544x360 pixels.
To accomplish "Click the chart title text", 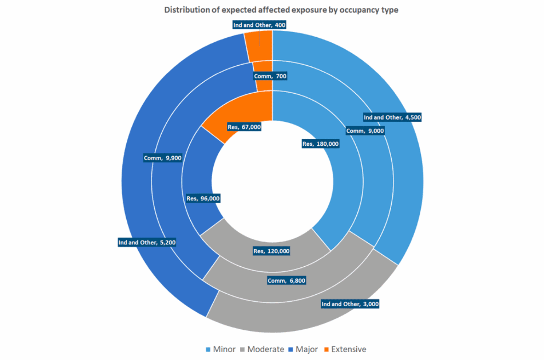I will [x=281, y=10].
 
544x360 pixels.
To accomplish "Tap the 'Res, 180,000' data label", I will [x=321, y=144].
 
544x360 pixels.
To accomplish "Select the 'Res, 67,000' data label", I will [x=244, y=127].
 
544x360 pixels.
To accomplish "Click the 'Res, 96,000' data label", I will [x=203, y=199].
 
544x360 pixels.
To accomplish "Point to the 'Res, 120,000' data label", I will [x=271, y=251].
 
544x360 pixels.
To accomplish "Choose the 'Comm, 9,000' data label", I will [x=365, y=131].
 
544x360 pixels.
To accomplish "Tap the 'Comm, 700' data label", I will [x=270, y=76].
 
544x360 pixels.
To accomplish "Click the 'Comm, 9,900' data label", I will [x=162, y=158].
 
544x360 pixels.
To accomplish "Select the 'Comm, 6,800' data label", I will [x=286, y=281].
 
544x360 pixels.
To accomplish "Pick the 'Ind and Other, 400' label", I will [x=259, y=25].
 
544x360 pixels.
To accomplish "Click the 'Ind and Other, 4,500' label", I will [x=392, y=117].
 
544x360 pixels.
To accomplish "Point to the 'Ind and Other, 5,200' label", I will [x=147, y=243].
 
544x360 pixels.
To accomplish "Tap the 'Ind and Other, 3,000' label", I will [x=350, y=304].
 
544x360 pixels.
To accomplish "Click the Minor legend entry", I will [x=221, y=349].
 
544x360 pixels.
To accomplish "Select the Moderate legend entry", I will [x=262, y=349].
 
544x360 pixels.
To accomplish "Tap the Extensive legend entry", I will [x=345, y=349].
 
